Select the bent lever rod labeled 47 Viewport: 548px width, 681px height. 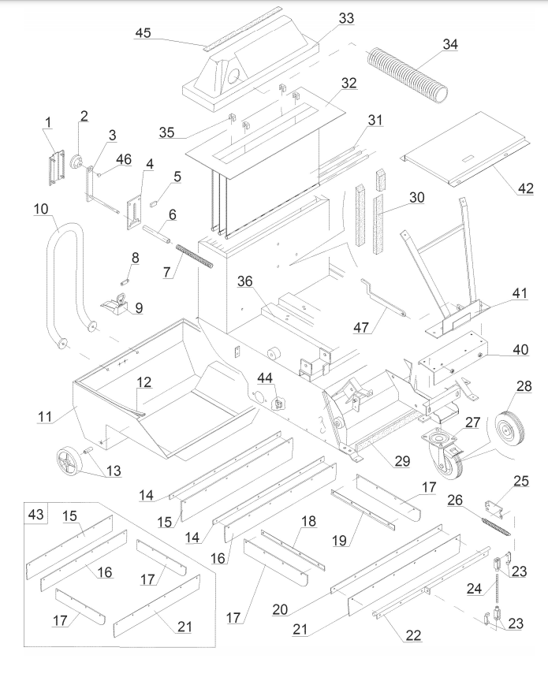click(x=382, y=299)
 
